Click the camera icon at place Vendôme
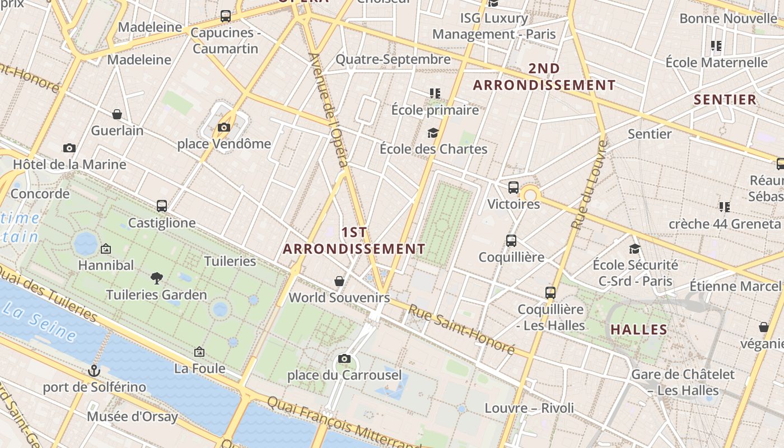pos(224,127)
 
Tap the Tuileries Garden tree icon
pos(157,278)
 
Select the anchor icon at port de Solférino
pos(94,370)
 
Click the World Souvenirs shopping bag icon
pos(339,281)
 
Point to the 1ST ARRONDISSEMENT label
pos(354,240)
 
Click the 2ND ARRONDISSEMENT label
pos(544,77)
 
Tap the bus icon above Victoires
pos(514,188)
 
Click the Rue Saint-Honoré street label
pos(461,329)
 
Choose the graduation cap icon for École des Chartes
pos(433,133)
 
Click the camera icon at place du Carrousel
pos(344,358)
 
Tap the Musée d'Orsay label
pos(132,417)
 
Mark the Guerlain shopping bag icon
pos(117,114)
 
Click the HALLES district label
pos(639,330)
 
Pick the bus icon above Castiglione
pos(162,206)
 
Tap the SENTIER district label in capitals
pos(725,100)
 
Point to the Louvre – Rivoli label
pos(529,408)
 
